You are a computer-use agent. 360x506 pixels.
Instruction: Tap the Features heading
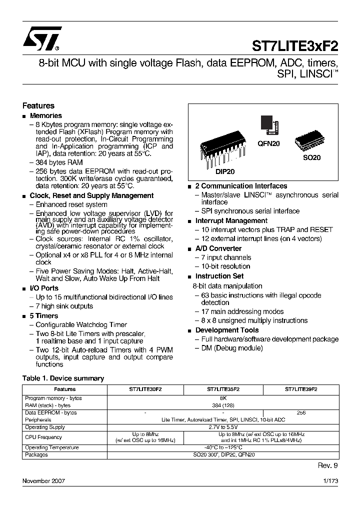[x=38, y=106]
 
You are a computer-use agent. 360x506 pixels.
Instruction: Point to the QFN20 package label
[x=269, y=143]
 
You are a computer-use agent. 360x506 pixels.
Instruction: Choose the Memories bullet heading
[x=46, y=115]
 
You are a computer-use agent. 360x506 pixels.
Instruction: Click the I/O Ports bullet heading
[x=44, y=288]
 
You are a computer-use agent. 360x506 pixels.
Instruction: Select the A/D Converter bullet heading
[x=218, y=248]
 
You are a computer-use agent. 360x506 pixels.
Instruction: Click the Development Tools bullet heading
[x=226, y=330]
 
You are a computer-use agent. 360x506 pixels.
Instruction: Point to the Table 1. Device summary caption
[x=63, y=378]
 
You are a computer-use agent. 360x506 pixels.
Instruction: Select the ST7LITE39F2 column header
[x=301, y=389]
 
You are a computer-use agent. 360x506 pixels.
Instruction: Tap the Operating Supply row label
[x=45, y=427]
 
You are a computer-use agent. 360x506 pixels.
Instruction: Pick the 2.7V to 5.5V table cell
[x=223, y=427]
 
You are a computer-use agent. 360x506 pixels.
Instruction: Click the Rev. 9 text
[x=328, y=465]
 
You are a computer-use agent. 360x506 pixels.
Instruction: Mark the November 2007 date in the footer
[x=43, y=481]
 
